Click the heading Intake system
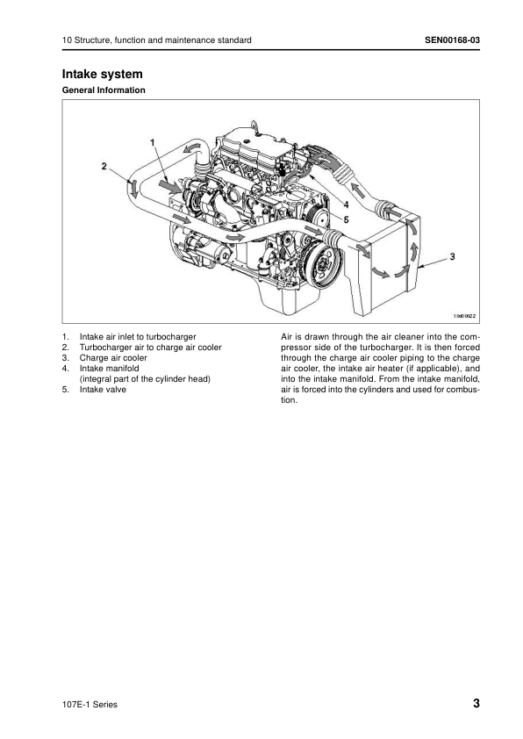click(103, 74)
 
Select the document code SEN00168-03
click(452, 40)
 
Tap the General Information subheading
click(104, 90)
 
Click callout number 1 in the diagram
click(152, 142)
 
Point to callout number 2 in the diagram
click(104, 166)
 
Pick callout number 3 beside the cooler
click(452, 256)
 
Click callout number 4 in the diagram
click(346, 205)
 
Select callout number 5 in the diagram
click(346, 219)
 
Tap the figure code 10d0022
click(464, 316)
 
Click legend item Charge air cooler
click(113, 358)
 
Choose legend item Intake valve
click(103, 390)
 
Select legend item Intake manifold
click(110, 368)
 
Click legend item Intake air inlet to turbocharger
click(138, 336)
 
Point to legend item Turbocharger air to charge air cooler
click(150, 348)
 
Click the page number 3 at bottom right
click(476, 704)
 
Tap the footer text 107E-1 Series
click(90, 705)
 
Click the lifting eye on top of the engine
click(254, 126)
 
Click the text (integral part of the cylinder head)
click(145, 379)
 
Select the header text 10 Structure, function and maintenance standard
click(156, 40)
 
